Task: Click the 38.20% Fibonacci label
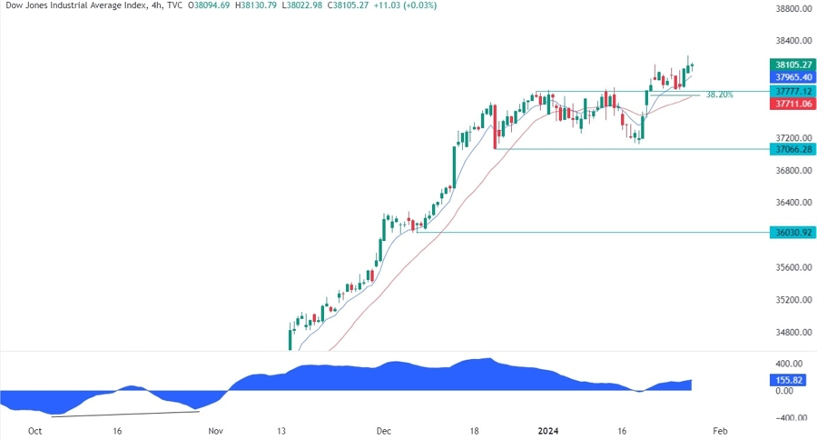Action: click(x=719, y=95)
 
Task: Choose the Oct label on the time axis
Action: click(x=35, y=431)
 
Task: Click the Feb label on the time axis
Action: click(x=719, y=431)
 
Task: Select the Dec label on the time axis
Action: click(x=383, y=431)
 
